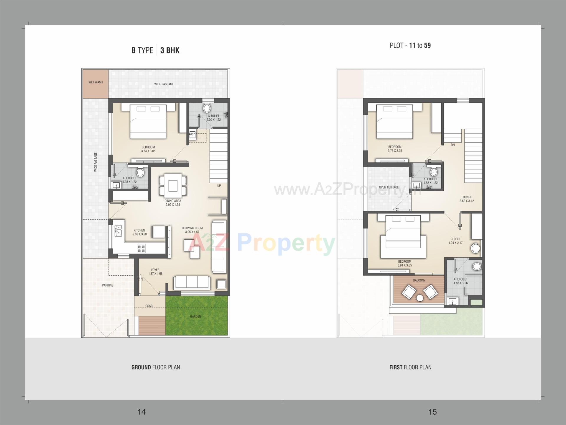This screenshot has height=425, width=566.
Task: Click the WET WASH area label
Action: point(96,82)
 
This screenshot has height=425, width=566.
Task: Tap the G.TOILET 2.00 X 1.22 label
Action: point(213,118)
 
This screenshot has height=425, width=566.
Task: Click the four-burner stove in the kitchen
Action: point(141,249)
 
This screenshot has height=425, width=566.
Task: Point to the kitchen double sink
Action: point(119,231)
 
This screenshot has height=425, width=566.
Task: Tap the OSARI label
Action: point(149,306)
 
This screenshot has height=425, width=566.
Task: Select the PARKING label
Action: point(108,285)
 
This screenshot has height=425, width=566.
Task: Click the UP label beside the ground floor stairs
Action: point(219,186)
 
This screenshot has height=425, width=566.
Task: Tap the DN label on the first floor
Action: point(453,145)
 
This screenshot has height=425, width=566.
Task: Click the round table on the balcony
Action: point(419,298)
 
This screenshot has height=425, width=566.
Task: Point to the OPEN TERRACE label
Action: point(389,187)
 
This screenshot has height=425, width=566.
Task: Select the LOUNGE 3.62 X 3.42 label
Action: point(467,199)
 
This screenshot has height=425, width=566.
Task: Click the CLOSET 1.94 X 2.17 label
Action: point(455,241)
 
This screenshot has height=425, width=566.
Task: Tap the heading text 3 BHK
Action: point(170,50)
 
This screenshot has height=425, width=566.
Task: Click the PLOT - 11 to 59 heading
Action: point(410,45)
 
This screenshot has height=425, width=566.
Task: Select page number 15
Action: point(432,412)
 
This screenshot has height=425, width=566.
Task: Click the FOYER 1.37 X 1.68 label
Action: point(155,272)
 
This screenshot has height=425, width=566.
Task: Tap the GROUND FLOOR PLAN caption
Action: point(156,367)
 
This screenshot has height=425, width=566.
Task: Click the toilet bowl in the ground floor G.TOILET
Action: point(207,108)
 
